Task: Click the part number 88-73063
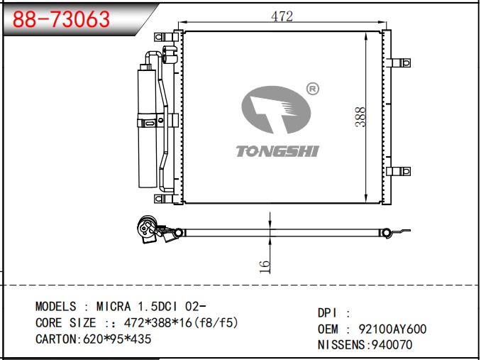(61, 19)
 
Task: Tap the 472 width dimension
(282, 16)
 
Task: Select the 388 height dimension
(360, 116)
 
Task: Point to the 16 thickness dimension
(264, 267)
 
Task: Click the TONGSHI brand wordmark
(277, 151)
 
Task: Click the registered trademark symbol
(313, 89)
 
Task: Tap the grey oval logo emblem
(276, 110)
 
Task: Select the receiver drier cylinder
(148, 126)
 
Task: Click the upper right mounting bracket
(401, 63)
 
